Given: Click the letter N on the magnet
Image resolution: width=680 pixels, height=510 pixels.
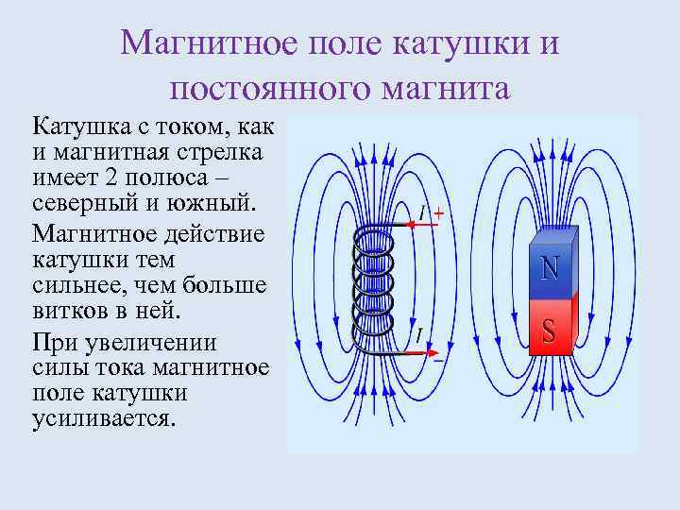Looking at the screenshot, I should (550, 267).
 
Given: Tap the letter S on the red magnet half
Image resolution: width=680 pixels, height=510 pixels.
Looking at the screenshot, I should (549, 330).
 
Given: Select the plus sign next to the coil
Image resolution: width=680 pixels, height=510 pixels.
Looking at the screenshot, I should (439, 213).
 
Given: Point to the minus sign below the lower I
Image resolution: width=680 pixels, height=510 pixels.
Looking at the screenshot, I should (438, 359).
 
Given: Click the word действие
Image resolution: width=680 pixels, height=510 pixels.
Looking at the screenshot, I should (211, 232).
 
